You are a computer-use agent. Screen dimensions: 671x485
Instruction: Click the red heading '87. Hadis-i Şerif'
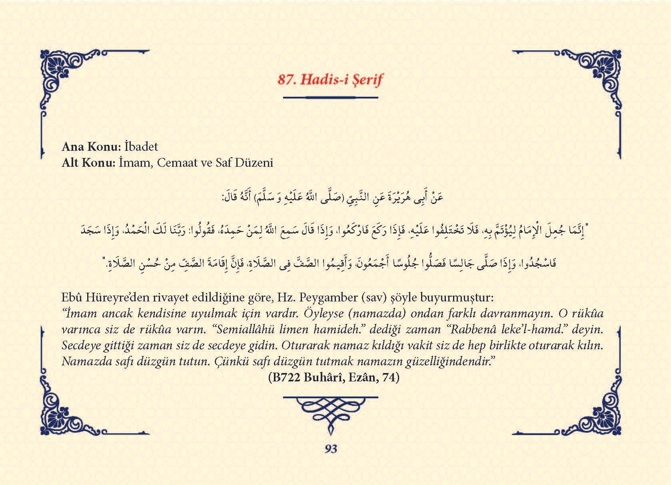pyautogui.click(x=330, y=80)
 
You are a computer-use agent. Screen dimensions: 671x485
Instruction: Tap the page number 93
pyautogui.click(x=331, y=449)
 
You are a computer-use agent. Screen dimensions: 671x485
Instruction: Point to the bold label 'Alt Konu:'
pyautogui.click(x=88, y=163)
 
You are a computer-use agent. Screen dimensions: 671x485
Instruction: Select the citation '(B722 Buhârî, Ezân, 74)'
pyautogui.click(x=333, y=377)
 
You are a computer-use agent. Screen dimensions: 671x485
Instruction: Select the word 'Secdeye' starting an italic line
pyautogui.click(x=81, y=345)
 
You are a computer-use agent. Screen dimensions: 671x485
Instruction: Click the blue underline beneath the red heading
pyautogui.click(x=330, y=98)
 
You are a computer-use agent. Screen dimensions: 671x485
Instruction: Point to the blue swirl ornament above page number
pyautogui.click(x=330, y=412)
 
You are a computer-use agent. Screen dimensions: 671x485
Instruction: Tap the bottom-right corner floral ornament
pyautogui.click(x=600, y=415)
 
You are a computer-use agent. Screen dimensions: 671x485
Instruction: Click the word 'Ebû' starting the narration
pyautogui.click(x=72, y=298)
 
